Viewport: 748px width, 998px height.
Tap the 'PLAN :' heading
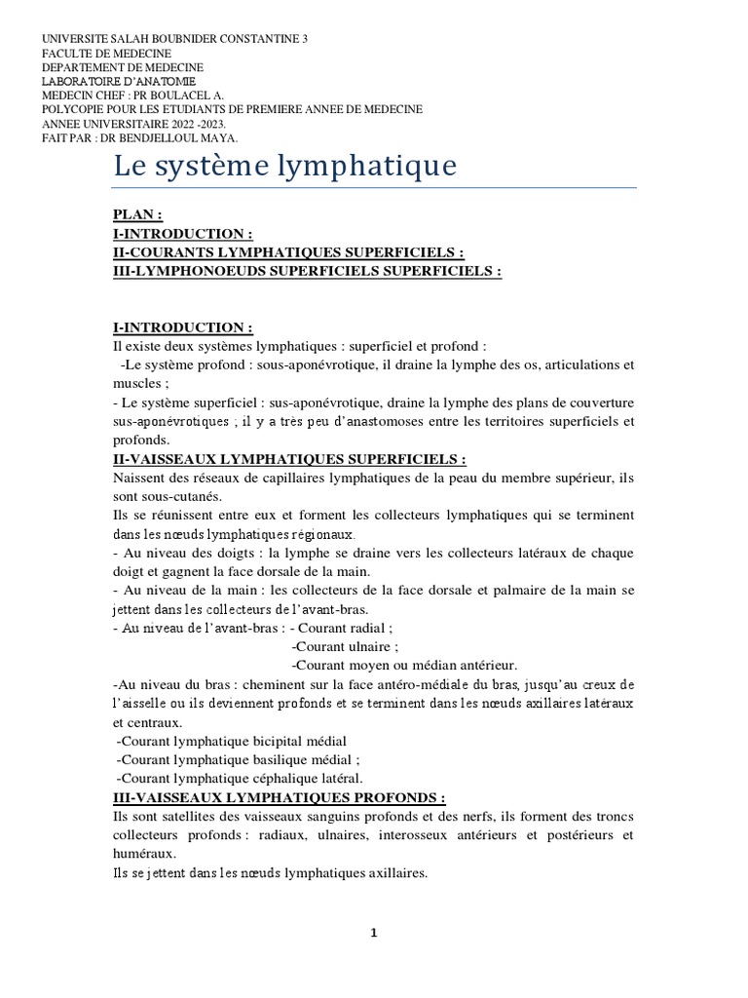(x=138, y=214)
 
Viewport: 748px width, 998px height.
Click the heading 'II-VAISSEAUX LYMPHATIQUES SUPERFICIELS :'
(x=289, y=458)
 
